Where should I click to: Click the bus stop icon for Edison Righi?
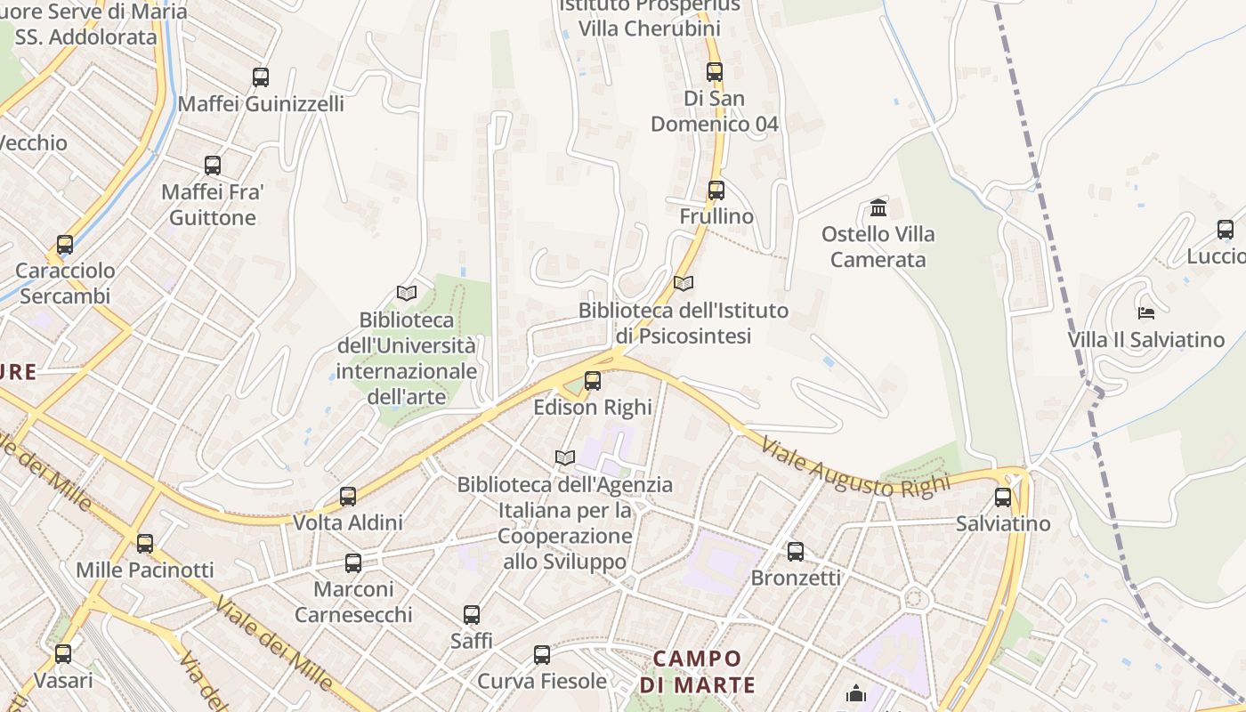[x=593, y=381]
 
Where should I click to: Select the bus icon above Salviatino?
[x=1003, y=497]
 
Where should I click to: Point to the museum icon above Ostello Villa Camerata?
[x=878, y=208]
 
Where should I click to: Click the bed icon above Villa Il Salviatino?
[x=1146, y=312]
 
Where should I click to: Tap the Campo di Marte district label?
[x=698, y=671]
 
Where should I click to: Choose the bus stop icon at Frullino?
[x=716, y=190]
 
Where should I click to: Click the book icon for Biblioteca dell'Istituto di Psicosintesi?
[x=684, y=283]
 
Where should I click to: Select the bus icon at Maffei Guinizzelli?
[x=261, y=77]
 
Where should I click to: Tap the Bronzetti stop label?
[x=796, y=578]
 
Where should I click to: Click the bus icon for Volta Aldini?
[x=348, y=496]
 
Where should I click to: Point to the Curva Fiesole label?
[x=542, y=681]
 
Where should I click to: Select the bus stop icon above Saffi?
[x=472, y=614]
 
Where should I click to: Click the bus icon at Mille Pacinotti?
[x=145, y=543]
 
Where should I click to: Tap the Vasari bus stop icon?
[x=63, y=654]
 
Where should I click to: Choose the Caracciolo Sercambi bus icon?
[x=65, y=245]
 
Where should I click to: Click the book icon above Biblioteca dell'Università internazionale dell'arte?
[x=407, y=293]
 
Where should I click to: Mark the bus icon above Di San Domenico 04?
[x=715, y=71]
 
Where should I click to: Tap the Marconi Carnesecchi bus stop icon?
[x=353, y=562]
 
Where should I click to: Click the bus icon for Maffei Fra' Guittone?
[x=213, y=165]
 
